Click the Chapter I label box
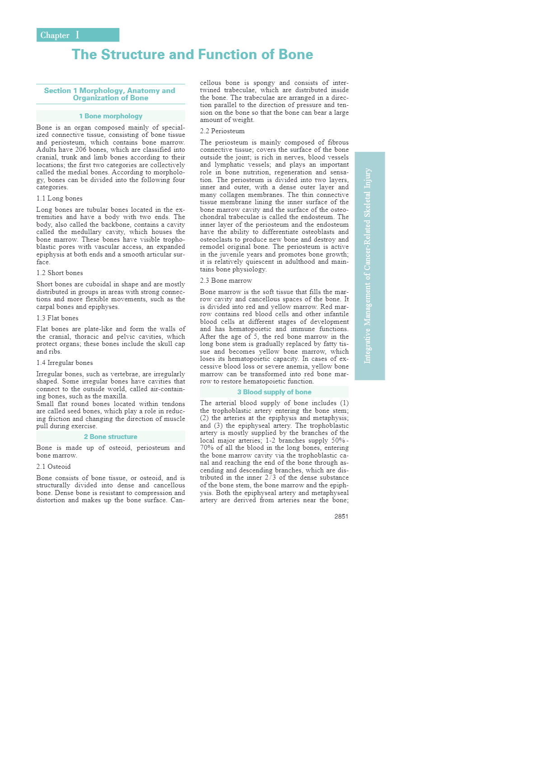tap(78, 35)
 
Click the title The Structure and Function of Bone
tap(192, 55)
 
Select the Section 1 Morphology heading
tap(110, 94)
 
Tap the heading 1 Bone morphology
tap(111, 116)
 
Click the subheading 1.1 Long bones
tap(60, 198)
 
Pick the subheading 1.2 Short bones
tap(60, 273)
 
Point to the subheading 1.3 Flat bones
tap(57, 318)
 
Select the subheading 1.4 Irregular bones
tap(65, 363)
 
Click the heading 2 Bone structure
tap(111, 437)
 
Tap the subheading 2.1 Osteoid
tap(53, 467)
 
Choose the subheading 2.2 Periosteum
tap(222, 131)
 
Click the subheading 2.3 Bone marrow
tap(226, 280)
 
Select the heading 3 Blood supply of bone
tap(274, 392)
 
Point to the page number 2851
tap(341, 516)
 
